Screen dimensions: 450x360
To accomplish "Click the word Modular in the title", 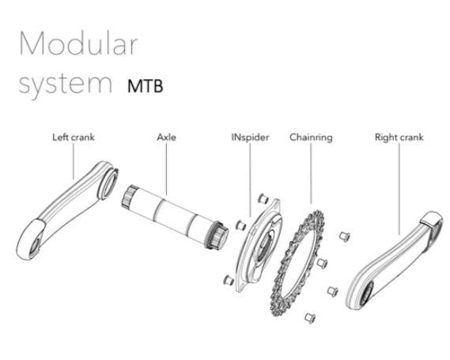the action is point(78,44).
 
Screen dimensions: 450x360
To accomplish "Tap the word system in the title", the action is point(65,85).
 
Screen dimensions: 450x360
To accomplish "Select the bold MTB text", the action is point(146,85).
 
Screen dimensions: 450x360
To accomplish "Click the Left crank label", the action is point(74,137).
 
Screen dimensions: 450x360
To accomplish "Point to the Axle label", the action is point(166,137).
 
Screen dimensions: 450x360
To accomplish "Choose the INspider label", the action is point(250,137).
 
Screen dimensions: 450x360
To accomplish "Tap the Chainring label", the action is point(311,137).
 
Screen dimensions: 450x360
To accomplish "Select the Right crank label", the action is point(399,137).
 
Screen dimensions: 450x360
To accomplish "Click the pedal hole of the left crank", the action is point(35,246).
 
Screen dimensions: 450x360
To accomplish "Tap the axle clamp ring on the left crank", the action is point(108,184).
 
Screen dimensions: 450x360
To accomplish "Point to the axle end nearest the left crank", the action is point(128,196).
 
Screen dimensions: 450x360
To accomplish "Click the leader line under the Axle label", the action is point(166,169).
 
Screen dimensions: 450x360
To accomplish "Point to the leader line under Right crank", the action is point(399,188).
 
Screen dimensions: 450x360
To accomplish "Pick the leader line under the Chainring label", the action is point(311,173).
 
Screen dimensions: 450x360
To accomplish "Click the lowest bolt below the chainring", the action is point(310,318).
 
